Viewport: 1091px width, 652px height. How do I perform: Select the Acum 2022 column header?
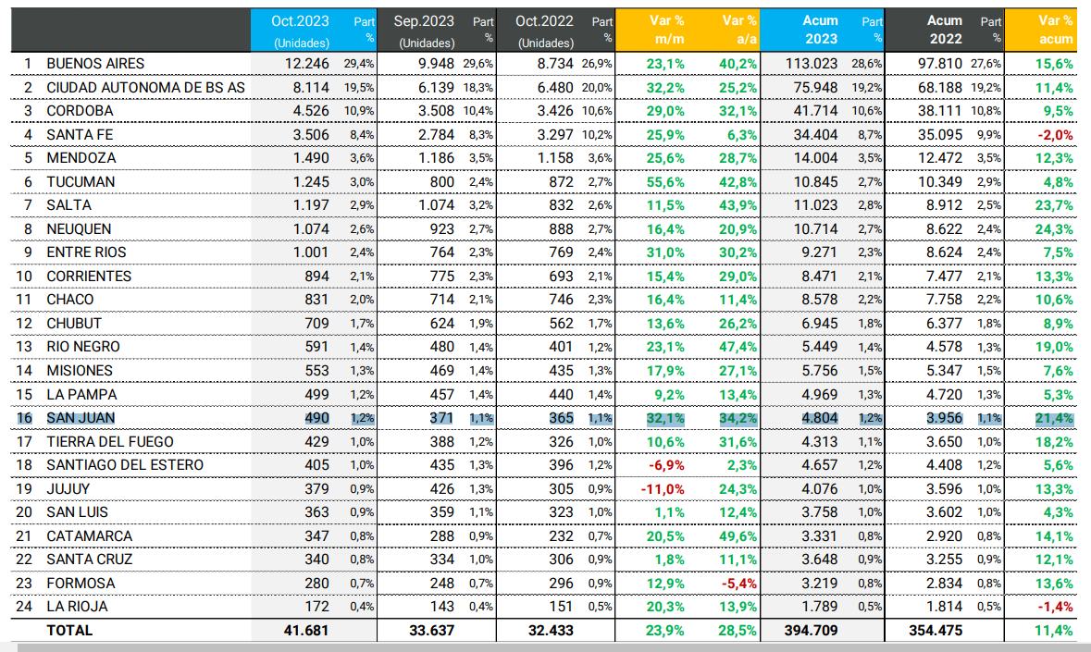click(944, 30)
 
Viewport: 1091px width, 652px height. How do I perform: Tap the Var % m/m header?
click(666, 30)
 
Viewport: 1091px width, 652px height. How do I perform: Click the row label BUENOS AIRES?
click(95, 64)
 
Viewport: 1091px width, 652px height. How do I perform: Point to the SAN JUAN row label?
click(81, 418)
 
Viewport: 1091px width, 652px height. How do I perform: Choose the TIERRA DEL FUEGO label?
click(110, 441)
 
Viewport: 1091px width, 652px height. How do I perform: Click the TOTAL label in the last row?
click(69, 630)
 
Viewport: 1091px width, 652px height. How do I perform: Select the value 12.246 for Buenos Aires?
click(306, 64)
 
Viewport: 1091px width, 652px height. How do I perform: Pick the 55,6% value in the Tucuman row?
click(666, 182)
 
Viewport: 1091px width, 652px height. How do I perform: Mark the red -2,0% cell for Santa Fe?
click(1055, 135)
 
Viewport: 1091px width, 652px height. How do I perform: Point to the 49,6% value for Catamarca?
click(738, 535)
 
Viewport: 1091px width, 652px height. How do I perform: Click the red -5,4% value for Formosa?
click(738, 583)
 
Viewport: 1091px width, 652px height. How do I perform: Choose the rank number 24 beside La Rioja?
click(27, 607)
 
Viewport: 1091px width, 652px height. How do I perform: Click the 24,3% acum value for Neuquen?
click(1055, 229)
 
